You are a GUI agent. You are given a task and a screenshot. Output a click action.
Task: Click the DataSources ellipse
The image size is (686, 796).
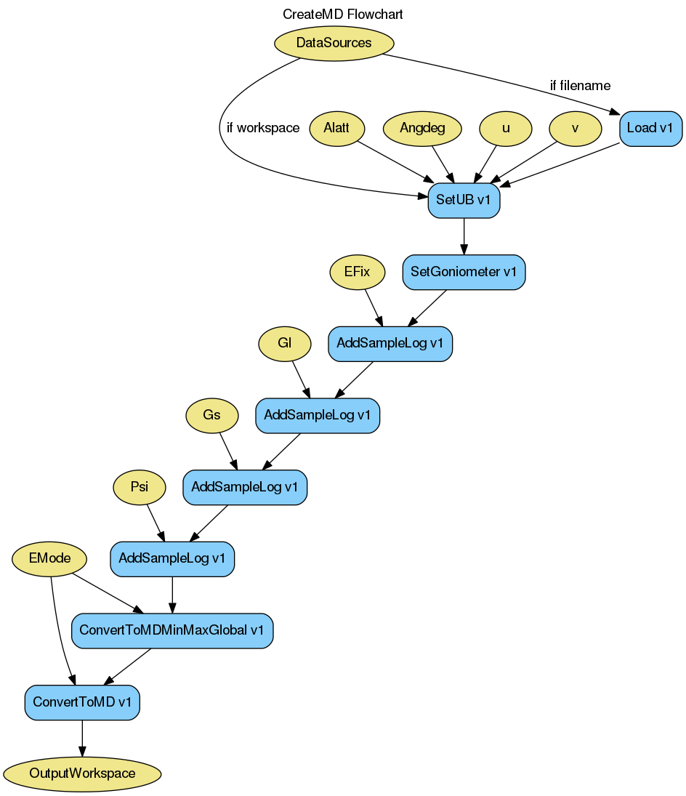click(x=334, y=43)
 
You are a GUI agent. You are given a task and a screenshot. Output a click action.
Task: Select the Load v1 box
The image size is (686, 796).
click(x=650, y=129)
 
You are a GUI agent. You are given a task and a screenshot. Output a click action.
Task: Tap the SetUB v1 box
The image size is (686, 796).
click(x=464, y=201)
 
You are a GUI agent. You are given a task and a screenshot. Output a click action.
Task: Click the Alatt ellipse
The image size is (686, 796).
click(x=336, y=129)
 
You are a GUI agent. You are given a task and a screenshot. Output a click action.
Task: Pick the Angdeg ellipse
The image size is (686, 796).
click(x=422, y=129)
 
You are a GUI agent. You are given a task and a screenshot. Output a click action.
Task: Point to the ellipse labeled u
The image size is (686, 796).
click(x=506, y=129)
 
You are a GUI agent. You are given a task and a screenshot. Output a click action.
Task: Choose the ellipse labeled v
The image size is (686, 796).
click(x=576, y=129)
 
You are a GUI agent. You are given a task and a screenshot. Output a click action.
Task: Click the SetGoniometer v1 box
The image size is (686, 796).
click(x=464, y=272)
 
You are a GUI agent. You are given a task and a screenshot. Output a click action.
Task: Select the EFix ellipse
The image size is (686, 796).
click(x=357, y=273)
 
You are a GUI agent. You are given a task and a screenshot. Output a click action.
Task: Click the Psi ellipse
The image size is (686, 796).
click(x=140, y=487)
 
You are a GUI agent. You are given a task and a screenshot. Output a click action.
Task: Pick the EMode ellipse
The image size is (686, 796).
click(x=50, y=558)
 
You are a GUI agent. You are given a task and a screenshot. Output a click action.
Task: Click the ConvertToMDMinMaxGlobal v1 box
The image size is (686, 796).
click(x=172, y=630)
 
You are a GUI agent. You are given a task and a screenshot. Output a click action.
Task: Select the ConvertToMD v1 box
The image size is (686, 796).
click(x=82, y=702)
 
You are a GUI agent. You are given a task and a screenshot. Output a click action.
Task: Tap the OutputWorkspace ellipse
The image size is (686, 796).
click(x=82, y=773)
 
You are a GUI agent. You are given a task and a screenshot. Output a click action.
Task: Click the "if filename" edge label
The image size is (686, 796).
click(x=580, y=86)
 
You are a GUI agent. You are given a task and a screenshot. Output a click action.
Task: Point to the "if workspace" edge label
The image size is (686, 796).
click(x=263, y=128)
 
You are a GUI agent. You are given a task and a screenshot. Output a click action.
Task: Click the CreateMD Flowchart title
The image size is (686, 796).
click(x=343, y=14)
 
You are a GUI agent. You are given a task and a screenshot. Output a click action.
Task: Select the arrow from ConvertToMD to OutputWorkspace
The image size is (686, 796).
click(x=82, y=738)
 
